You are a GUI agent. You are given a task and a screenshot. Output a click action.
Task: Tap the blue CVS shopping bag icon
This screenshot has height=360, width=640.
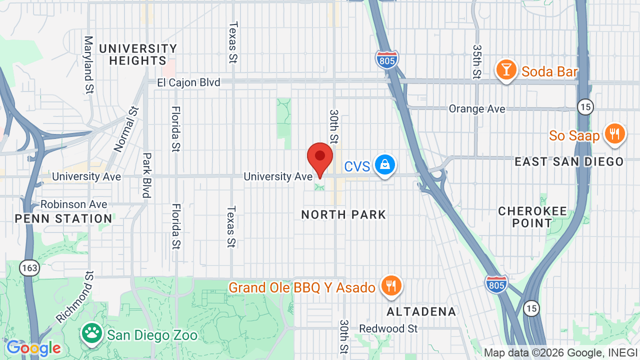[x=384, y=165]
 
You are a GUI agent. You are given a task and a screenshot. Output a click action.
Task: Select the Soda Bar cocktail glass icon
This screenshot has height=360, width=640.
[x=506, y=70]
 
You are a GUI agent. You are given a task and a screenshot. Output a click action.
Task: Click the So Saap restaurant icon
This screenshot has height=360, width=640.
[x=615, y=134]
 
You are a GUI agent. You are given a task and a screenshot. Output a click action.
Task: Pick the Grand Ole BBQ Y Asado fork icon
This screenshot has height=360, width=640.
[x=391, y=286]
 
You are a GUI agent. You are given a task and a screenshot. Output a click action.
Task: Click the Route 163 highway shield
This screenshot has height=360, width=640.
[x=29, y=268]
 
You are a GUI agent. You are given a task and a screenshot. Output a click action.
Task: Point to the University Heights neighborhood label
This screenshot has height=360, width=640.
[x=137, y=54]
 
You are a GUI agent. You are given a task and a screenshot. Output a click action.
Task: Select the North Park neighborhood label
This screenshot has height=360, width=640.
[x=343, y=215]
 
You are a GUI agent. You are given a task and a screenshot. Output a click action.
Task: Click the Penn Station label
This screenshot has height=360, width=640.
[x=63, y=218]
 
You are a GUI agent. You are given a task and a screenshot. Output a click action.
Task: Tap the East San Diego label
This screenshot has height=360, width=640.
[x=569, y=161]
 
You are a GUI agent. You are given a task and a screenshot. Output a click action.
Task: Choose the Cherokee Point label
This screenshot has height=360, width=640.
[x=532, y=217]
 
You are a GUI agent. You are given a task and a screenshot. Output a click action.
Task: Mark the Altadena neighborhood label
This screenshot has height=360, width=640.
[x=421, y=312]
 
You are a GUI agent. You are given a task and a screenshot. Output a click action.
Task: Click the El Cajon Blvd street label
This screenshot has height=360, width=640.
[x=188, y=82]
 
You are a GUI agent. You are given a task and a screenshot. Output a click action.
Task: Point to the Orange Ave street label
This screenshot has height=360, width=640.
[x=476, y=108]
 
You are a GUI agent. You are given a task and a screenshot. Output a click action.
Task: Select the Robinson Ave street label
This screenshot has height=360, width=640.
[x=73, y=204]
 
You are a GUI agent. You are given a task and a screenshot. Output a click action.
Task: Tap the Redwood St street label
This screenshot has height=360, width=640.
[x=388, y=328]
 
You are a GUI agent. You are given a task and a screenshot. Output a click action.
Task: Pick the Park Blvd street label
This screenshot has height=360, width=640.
[x=146, y=175]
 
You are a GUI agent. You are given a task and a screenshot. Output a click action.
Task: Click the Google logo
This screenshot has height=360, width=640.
[x=33, y=347]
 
